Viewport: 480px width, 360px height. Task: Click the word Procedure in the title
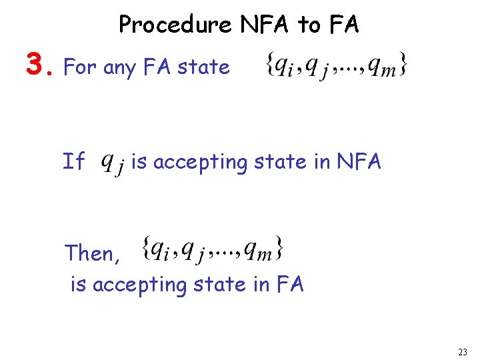[x=175, y=25]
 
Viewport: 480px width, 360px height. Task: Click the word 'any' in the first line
[x=119, y=68]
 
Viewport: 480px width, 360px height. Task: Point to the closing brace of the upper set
[x=403, y=65]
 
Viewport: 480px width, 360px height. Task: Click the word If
[x=73, y=161]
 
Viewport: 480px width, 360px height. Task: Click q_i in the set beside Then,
[x=161, y=250]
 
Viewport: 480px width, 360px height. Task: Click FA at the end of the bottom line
[x=287, y=285]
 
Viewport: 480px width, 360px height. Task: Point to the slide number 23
[x=463, y=351]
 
